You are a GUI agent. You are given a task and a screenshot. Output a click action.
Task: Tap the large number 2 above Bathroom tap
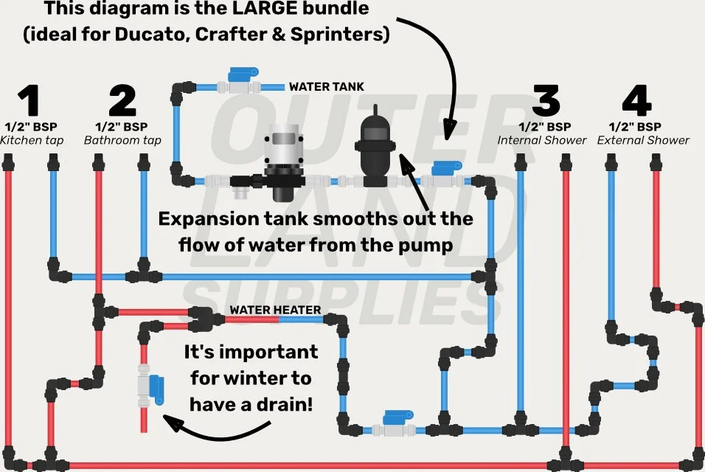tap(122, 102)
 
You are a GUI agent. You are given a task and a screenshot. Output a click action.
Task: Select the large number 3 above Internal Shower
tap(545, 102)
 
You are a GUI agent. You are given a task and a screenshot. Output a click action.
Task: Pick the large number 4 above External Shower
tap(635, 102)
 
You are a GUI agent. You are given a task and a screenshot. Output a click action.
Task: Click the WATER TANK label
tap(326, 87)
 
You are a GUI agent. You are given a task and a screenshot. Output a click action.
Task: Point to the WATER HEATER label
tap(275, 310)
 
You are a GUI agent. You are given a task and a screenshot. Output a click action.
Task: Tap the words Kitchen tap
tap(32, 140)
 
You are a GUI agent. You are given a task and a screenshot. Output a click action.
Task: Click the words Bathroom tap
tap(122, 140)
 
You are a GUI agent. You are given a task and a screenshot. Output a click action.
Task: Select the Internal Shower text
tap(542, 140)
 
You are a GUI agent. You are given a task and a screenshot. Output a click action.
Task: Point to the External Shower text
tap(643, 140)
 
